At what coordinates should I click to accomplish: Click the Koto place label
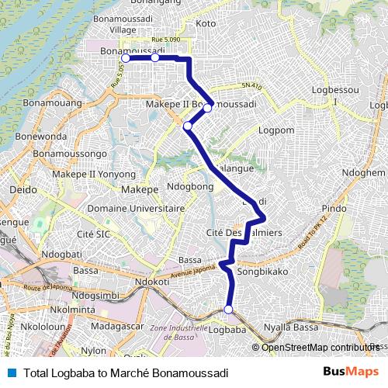coord(206,24)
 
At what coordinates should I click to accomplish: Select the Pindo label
coord(334,209)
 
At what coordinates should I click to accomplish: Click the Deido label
coord(21,189)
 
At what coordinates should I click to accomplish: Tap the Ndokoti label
coord(152,282)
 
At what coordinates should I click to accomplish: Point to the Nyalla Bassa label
coord(292,328)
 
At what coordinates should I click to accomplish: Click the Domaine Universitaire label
coord(136,208)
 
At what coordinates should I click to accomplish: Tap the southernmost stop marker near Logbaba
coord(228,310)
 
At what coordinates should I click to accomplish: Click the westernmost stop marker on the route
coord(125,57)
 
